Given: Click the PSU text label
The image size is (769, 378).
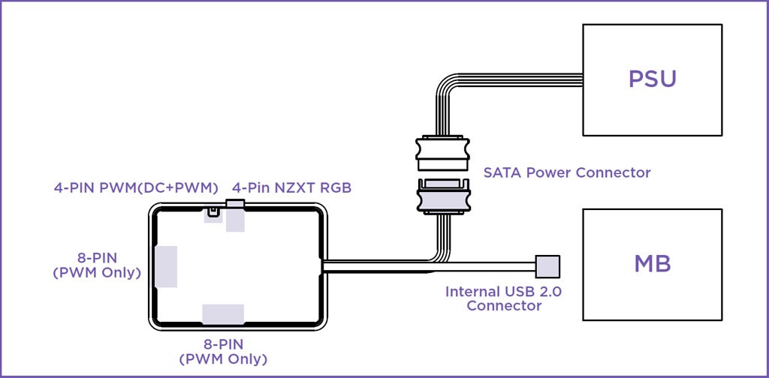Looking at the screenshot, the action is (653, 79).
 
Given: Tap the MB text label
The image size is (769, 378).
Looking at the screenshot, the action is (653, 264).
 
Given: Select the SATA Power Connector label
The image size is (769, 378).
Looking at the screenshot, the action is (567, 172).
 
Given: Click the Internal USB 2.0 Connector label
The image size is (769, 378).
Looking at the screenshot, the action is (504, 298).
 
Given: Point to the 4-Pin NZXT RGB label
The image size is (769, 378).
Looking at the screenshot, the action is (292, 188).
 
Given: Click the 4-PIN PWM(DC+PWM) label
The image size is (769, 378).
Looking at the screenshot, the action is (136, 188).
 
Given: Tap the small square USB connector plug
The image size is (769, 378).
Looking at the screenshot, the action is (547, 266).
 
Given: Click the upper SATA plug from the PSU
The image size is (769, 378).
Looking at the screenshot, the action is (443, 152).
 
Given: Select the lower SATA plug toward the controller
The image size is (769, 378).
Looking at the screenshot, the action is (443, 196).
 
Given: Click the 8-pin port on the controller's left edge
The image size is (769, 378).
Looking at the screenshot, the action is (166, 266).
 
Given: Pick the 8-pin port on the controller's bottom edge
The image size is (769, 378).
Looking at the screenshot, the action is (223, 313).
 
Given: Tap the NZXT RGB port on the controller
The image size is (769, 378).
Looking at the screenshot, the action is (235, 215).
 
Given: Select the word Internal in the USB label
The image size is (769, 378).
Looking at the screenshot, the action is (472, 292).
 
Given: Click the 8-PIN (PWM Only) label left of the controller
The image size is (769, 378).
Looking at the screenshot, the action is (97, 265).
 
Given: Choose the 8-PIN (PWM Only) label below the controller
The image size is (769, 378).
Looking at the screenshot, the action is (223, 352).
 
